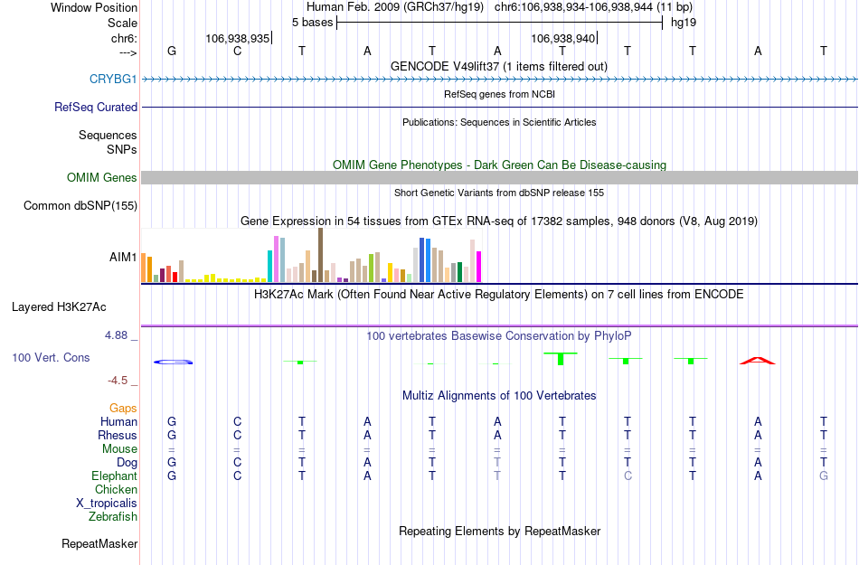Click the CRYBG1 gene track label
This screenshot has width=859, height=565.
113,80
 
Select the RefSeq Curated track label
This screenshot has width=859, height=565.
96,108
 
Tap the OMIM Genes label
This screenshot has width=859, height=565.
102,178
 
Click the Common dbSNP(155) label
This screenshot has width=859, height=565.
80,206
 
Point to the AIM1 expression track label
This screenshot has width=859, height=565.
123,258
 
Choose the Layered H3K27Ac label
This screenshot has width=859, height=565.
59,306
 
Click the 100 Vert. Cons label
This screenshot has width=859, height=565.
51,358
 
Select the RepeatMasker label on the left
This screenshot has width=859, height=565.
99,544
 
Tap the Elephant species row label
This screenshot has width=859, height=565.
114,476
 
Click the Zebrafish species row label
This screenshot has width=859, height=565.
113,517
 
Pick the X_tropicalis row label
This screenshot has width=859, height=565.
107,504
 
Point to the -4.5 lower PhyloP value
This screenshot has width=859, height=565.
121,381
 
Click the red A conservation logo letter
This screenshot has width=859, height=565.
758,361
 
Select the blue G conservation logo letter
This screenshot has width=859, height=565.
172,363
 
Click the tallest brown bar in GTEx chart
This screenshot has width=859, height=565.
320,255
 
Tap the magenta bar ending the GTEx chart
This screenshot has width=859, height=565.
478,267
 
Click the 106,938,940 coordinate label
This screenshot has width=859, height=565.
563,39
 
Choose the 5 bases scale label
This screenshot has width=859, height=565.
312,22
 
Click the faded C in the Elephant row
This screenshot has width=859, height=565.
628,476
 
